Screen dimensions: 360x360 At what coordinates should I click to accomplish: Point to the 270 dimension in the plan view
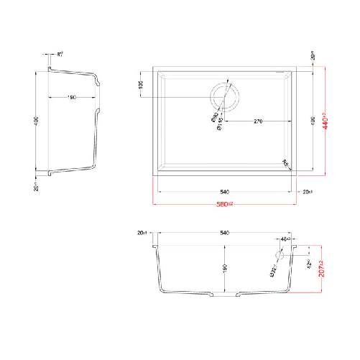tap(257, 121)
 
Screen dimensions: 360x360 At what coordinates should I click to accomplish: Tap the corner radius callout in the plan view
tap(286, 162)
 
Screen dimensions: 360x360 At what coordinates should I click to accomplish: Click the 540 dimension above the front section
tap(224, 234)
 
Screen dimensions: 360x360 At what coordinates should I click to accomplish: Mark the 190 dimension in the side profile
tap(73, 98)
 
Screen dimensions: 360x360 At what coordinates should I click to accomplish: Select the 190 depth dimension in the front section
tap(224, 268)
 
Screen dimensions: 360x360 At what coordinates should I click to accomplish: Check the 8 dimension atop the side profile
tap(60, 54)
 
